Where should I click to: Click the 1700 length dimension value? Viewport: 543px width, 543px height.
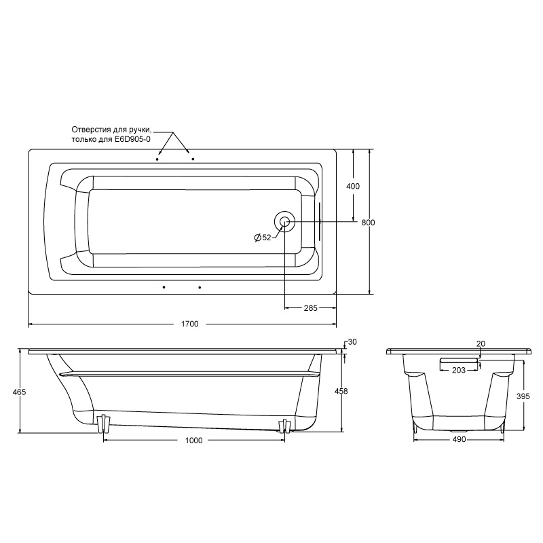point(190,324)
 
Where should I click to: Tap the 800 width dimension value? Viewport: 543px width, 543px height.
point(368,223)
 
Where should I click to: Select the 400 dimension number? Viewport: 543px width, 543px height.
point(353,186)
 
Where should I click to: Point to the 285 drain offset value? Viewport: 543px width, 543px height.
point(310,308)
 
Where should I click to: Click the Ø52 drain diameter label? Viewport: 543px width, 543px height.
point(263,238)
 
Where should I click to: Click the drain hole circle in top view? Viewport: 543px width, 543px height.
point(284,221)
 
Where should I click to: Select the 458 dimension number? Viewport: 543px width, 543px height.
point(341,391)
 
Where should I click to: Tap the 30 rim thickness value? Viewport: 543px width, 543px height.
point(352,342)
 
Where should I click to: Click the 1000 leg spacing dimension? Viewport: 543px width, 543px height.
point(194,441)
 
